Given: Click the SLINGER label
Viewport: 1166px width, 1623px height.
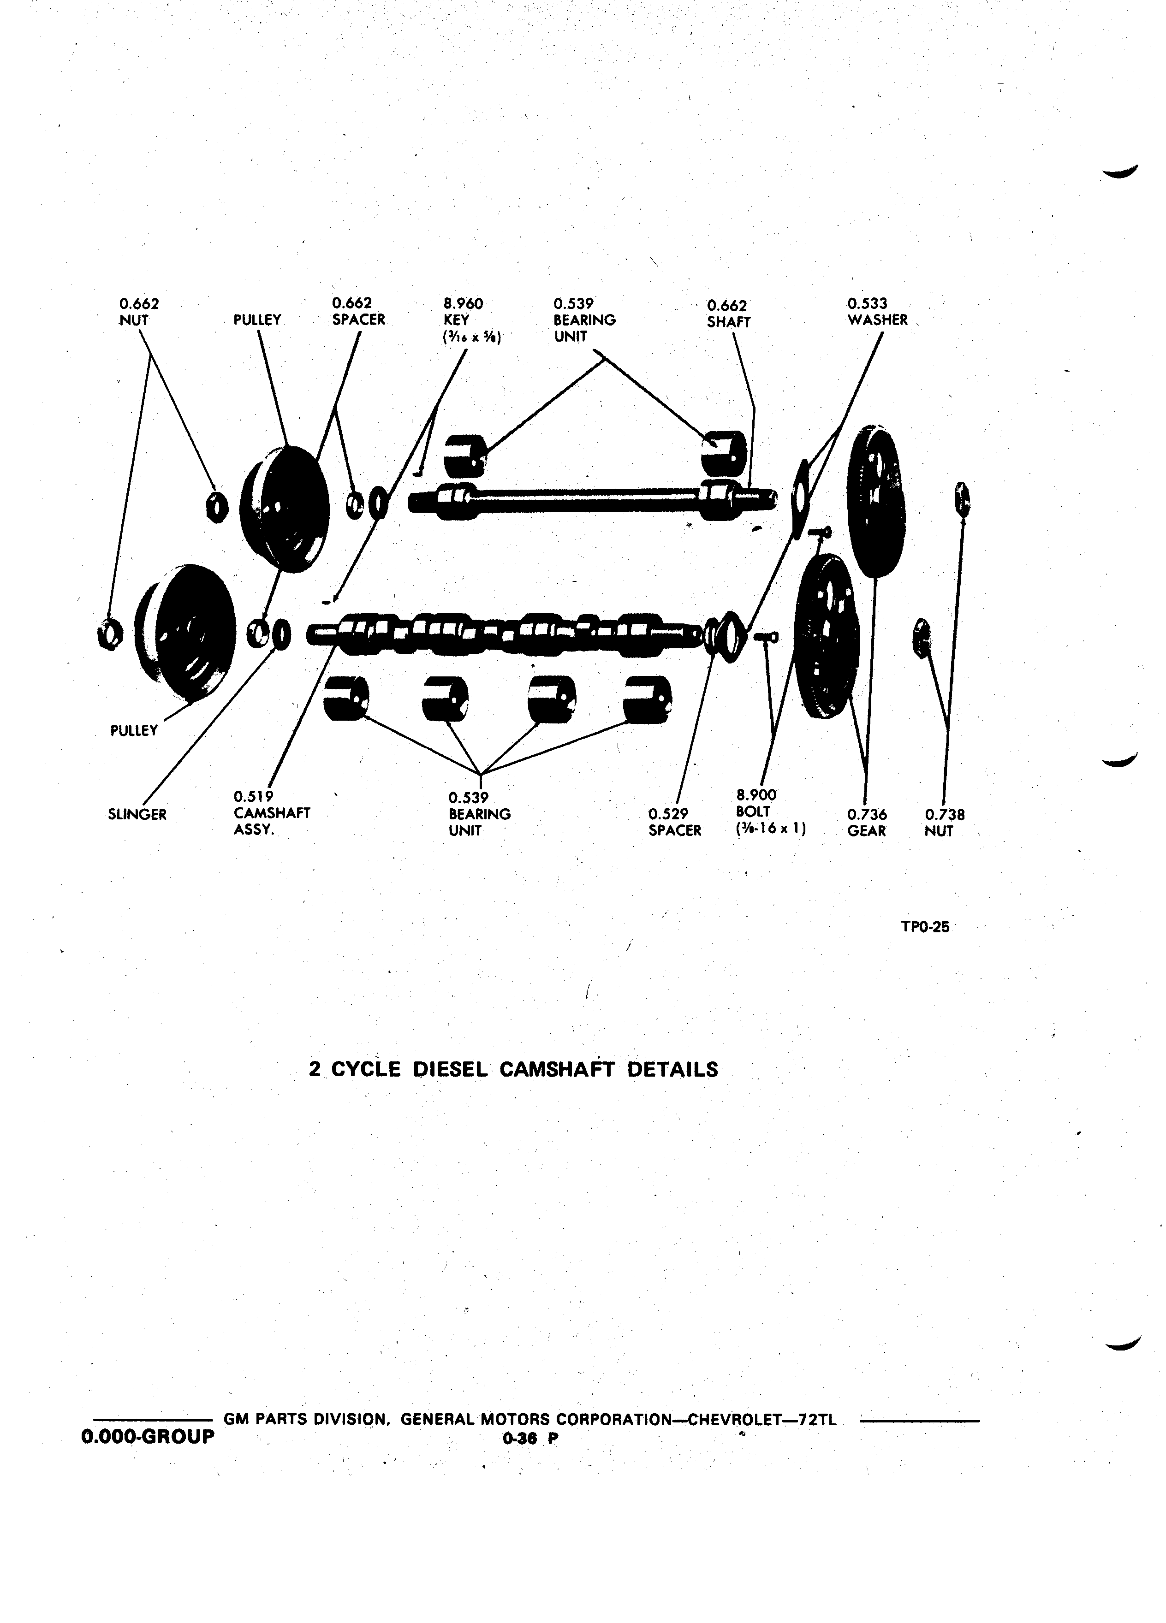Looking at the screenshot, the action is click(x=137, y=814).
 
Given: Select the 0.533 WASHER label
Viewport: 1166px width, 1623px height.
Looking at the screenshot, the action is click(x=878, y=313).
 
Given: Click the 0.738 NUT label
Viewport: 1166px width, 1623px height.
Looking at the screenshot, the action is click(x=944, y=822).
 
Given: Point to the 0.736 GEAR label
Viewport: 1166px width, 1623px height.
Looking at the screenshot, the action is click(x=867, y=822).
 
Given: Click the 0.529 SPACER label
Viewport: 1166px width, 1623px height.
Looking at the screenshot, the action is click(x=675, y=822).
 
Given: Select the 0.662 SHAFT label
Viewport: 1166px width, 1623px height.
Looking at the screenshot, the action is click(x=729, y=314).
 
